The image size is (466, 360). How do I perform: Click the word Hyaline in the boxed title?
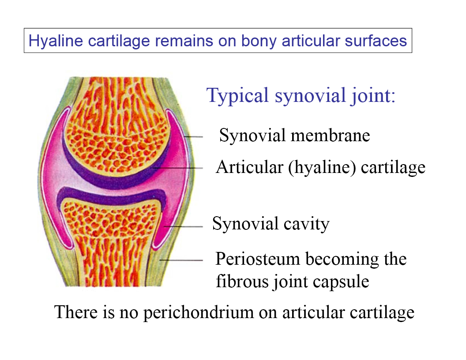52,41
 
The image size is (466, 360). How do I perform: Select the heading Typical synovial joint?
301,95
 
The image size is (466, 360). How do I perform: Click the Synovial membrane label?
294,135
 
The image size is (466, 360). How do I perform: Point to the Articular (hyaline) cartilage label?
320,167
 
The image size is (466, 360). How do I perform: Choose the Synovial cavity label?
271,224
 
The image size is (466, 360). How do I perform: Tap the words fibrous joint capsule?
292,281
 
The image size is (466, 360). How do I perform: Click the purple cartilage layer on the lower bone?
110,195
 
